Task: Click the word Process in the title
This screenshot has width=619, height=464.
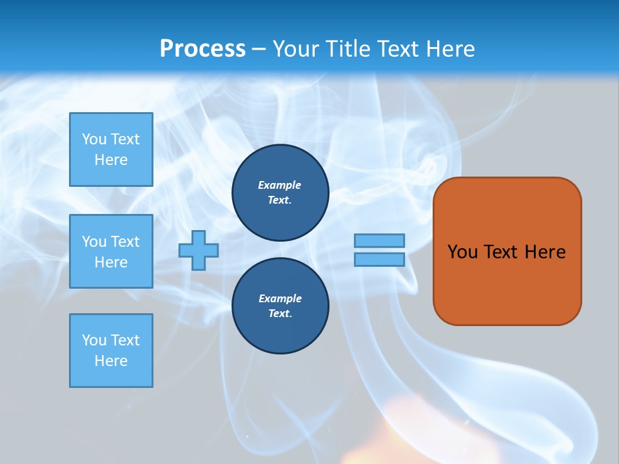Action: click(x=202, y=49)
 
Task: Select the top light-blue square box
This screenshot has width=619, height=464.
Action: click(x=111, y=150)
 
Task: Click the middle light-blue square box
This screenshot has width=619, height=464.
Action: click(x=111, y=251)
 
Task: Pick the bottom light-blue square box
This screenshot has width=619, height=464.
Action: click(x=111, y=350)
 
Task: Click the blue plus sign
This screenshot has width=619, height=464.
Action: click(x=199, y=249)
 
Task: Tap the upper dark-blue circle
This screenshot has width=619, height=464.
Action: click(x=280, y=193)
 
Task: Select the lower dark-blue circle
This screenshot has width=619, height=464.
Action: click(x=280, y=306)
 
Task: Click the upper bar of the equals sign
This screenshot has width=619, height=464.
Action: click(x=379, y=240)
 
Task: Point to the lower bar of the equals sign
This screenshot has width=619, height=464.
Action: click(x=379, y=259)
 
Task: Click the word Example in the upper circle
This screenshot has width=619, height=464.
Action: click(x=280, y=185)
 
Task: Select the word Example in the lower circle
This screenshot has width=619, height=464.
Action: click(x=280, y=298)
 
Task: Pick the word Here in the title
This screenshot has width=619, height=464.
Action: click(x=452, y=49)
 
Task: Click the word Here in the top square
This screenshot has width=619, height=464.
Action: click(x=111, y=160)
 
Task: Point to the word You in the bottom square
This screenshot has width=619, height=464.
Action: click(x=94, y=340)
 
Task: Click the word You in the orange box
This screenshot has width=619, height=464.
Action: click(x=462, y=252)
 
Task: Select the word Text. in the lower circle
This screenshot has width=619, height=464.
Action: click(x=280, y=314)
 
